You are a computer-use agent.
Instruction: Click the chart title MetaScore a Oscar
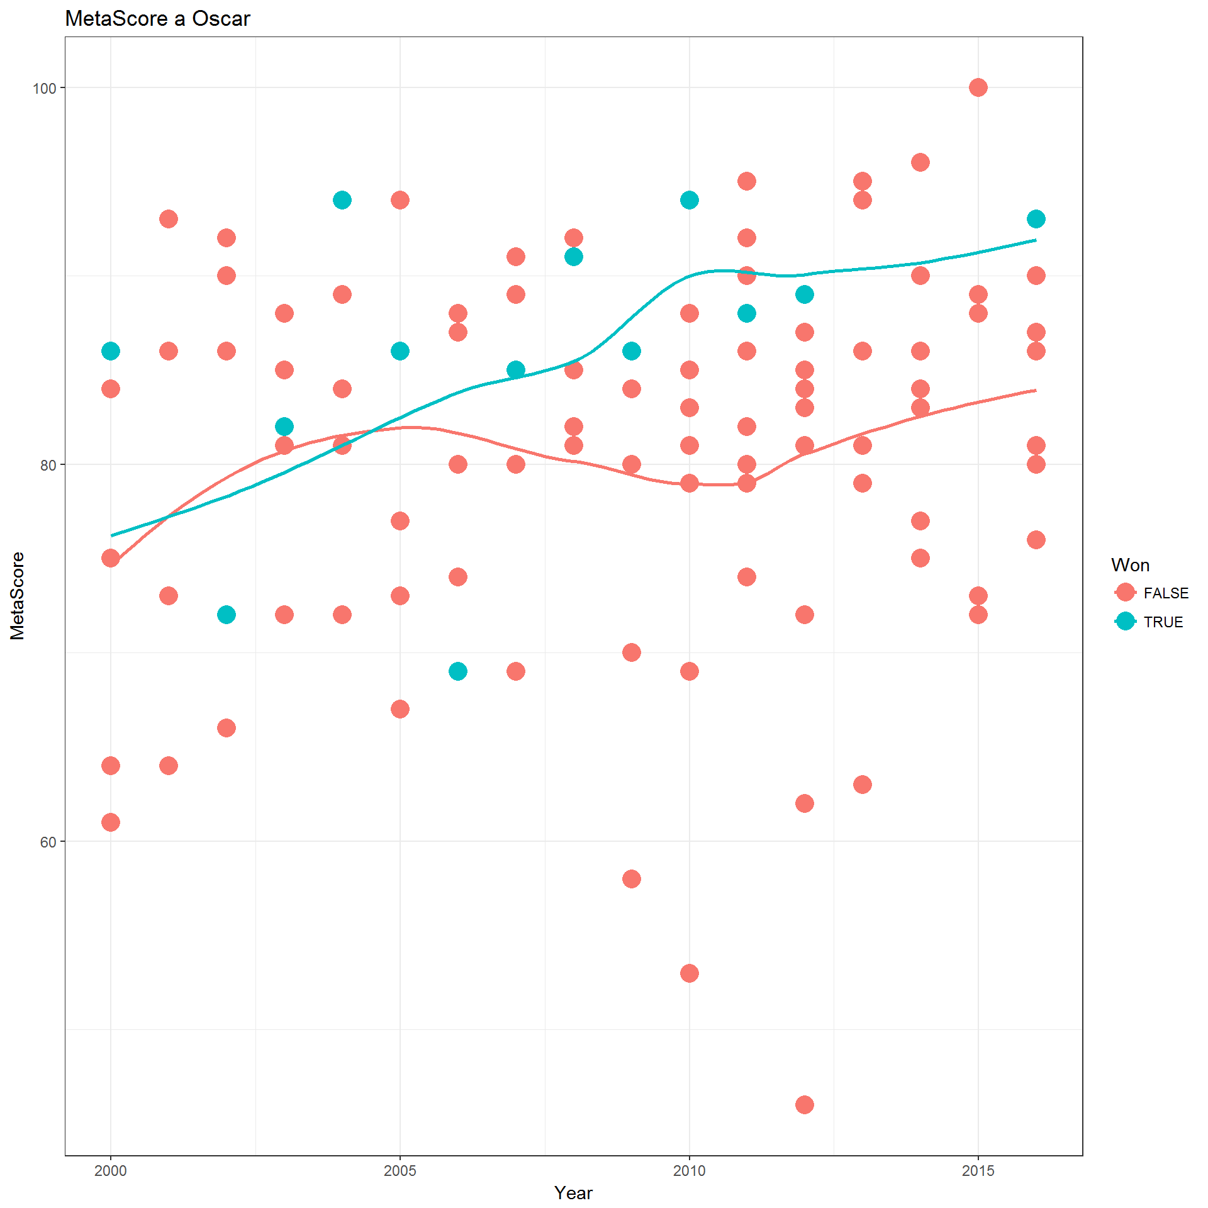(x=157, y=19)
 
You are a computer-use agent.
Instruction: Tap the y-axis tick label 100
(x=45, y=88)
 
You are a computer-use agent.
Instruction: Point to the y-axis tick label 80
(x=48, y=465)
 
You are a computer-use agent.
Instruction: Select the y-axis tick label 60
(x=48, y=842)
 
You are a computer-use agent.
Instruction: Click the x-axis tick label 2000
(x=111, y=1171)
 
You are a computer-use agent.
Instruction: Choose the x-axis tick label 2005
(x=400, y=1171)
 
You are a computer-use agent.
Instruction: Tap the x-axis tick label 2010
(x=690, y=1171)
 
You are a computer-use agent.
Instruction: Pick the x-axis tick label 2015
(x=978, y=1171)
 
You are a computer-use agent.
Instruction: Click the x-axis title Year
(x=573, y=1193)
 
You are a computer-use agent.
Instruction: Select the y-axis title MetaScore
(x=18, y=596)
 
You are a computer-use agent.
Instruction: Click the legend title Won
(x=1130, y=565)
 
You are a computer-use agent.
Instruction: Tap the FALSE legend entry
(x=1151, y=593)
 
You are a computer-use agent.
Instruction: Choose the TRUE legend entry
(x=1149, y=622)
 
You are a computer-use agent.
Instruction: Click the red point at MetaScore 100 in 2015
(x=978, y=87)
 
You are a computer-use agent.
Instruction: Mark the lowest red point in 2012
(x=805, y=1105)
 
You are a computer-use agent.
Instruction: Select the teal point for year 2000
(x=111, y=351)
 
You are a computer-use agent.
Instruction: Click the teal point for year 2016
(x=1036, y=219)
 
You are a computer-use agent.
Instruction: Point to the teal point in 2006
(x=458, y=671)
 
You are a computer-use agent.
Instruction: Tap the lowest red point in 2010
(x=690, y=973)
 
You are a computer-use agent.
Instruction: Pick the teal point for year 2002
(x=226, y=615)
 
